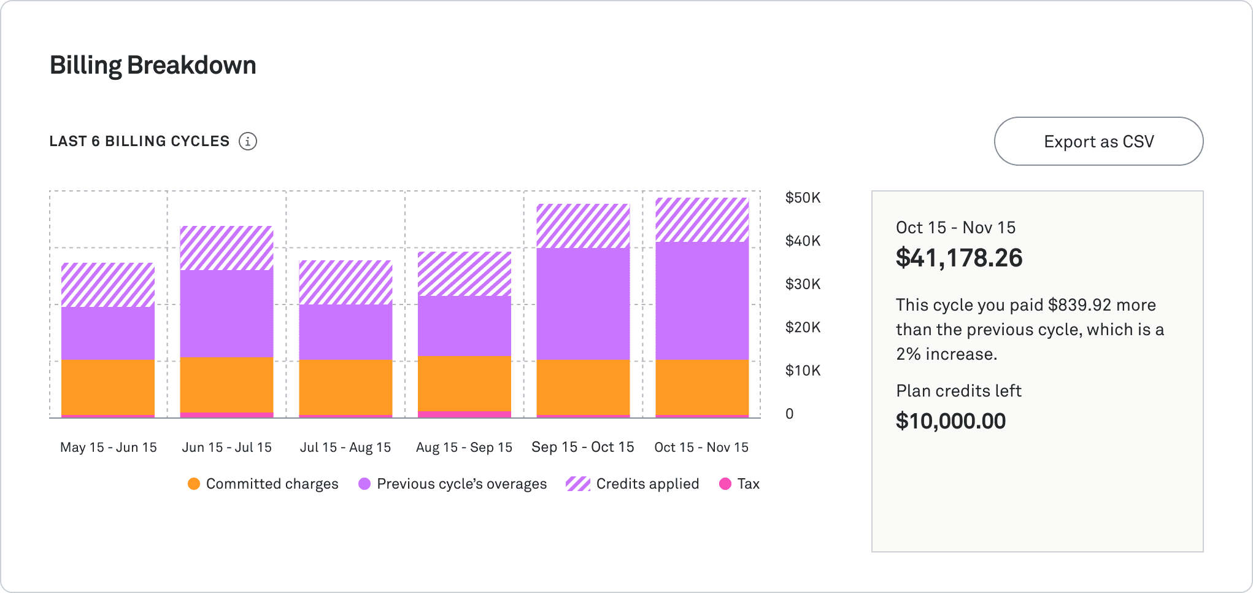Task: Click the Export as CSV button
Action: point(1098,141)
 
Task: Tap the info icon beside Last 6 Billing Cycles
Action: point(248,141)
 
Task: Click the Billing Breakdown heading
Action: point(153,65)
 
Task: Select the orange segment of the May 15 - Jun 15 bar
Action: point(108,387)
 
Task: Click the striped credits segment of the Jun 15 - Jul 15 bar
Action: point(226,248)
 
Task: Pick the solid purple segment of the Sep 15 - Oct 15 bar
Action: point(583,303)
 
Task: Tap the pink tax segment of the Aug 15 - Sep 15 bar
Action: point(465,414)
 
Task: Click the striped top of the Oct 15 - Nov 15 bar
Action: point(702,220)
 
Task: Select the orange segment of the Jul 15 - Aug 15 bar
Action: point(345,387)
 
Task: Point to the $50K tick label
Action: point(803,198)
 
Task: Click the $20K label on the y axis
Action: point(803,327)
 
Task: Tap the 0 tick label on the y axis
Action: point(790,414)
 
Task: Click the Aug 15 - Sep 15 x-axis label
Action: point(464,448)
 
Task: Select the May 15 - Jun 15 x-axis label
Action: point(109,448)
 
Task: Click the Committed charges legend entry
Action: point(263,484)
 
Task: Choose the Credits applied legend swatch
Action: point(577,484)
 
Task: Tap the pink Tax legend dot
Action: point(725,484)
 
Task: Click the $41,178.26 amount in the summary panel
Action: point(959,258)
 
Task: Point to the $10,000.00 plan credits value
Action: point(950,421)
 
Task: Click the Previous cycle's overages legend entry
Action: point(453,484)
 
